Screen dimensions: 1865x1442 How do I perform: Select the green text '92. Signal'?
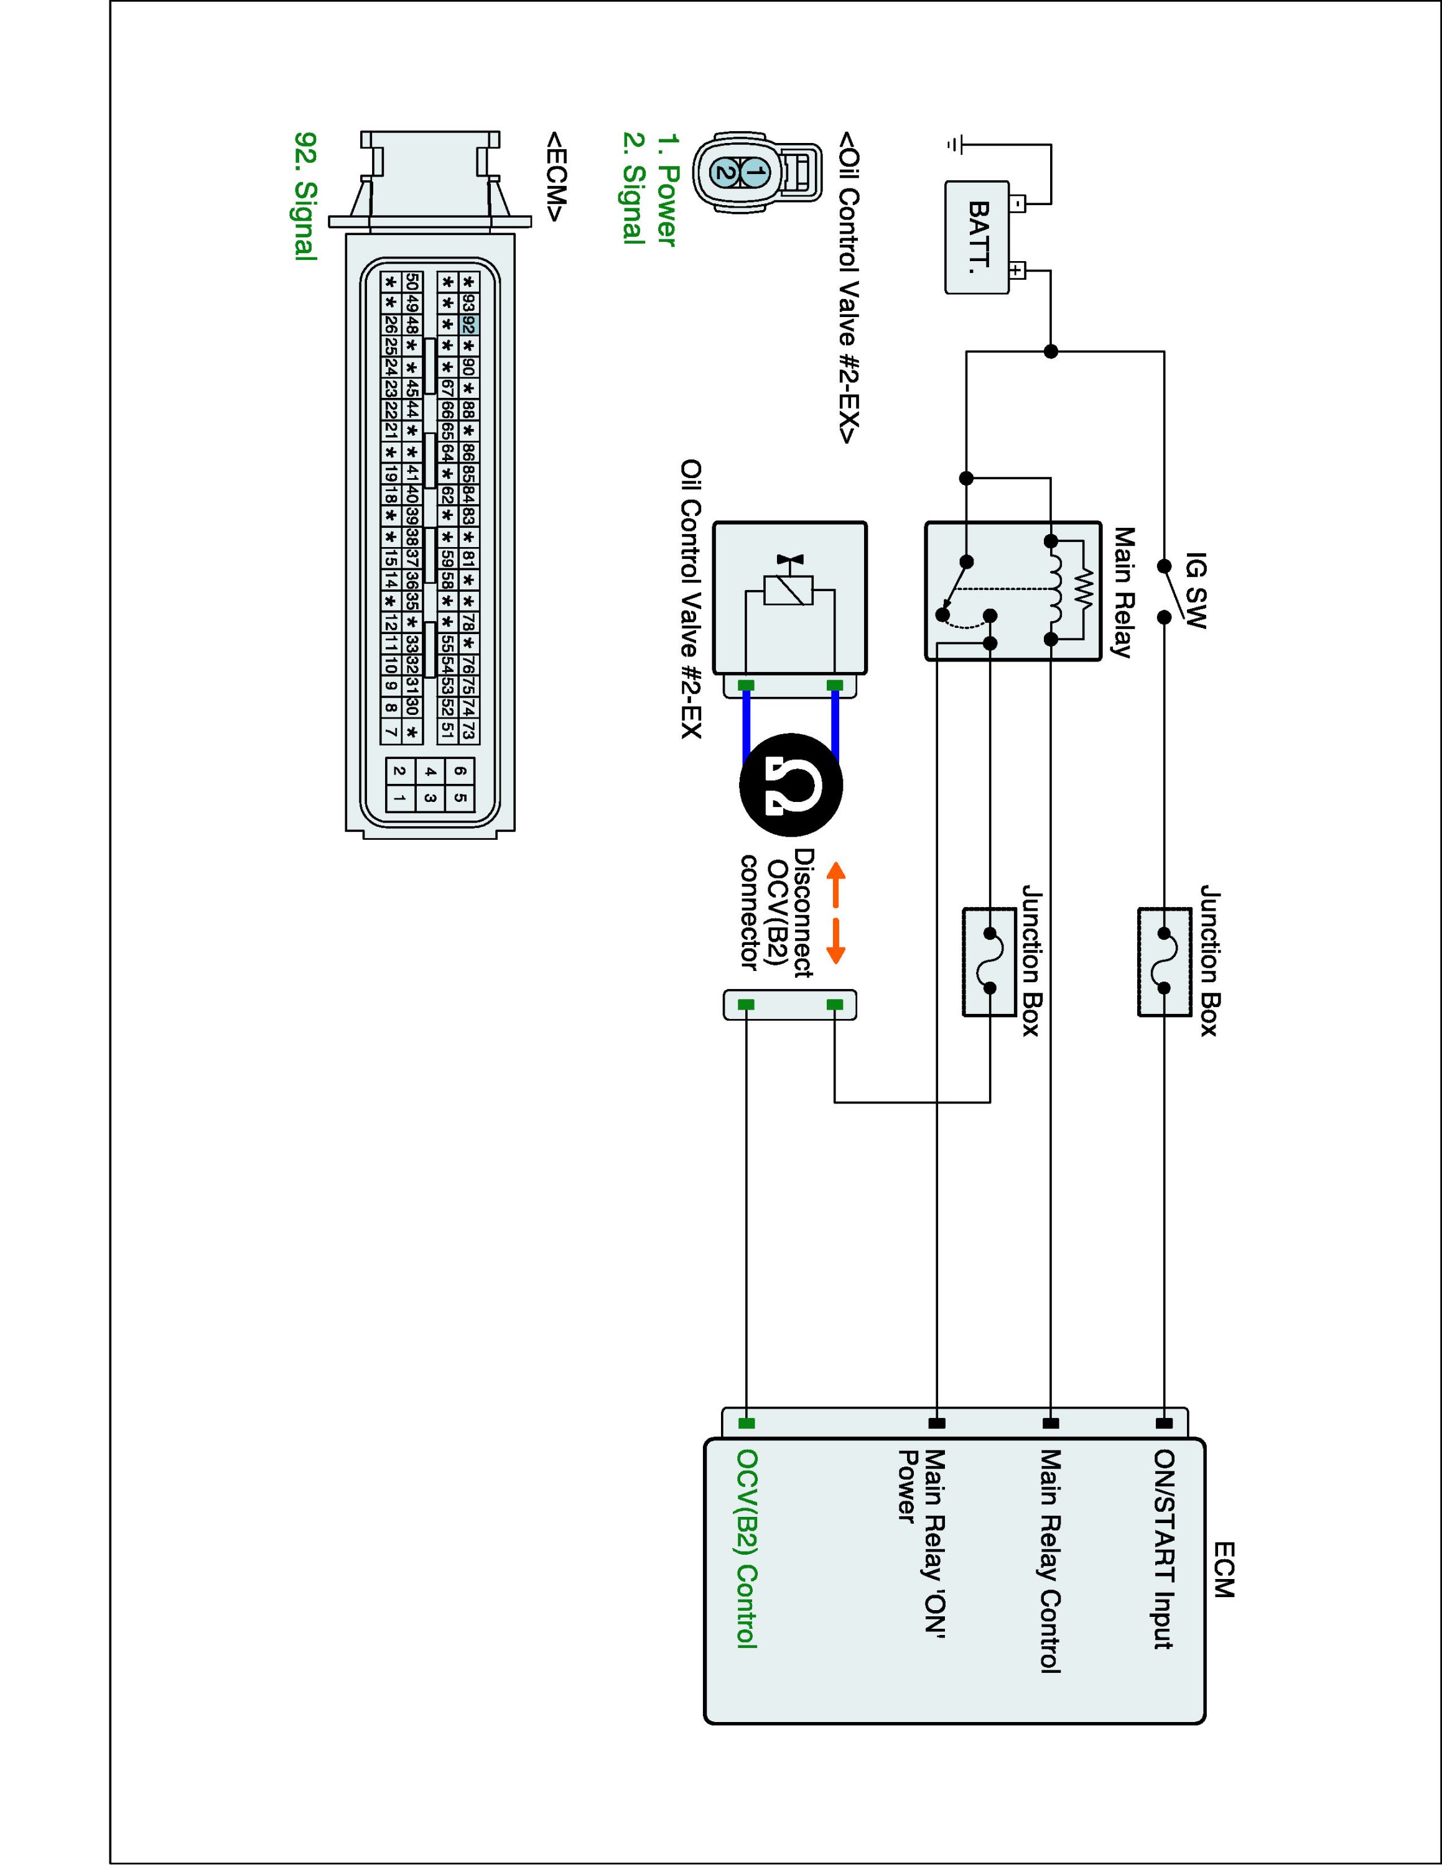pyautogui.click(x=305, y=196)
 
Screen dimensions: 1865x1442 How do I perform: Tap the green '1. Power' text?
pyautogui.click(x=667, y=190)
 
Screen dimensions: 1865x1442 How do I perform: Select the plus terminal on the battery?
pyautogui.click(x=1016, y=272)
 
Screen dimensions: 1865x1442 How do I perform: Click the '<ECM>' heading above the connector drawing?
pyautogui.click(x=556, y=176)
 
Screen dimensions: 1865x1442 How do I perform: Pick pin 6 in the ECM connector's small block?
pyautogui.click(x=460, y=771)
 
